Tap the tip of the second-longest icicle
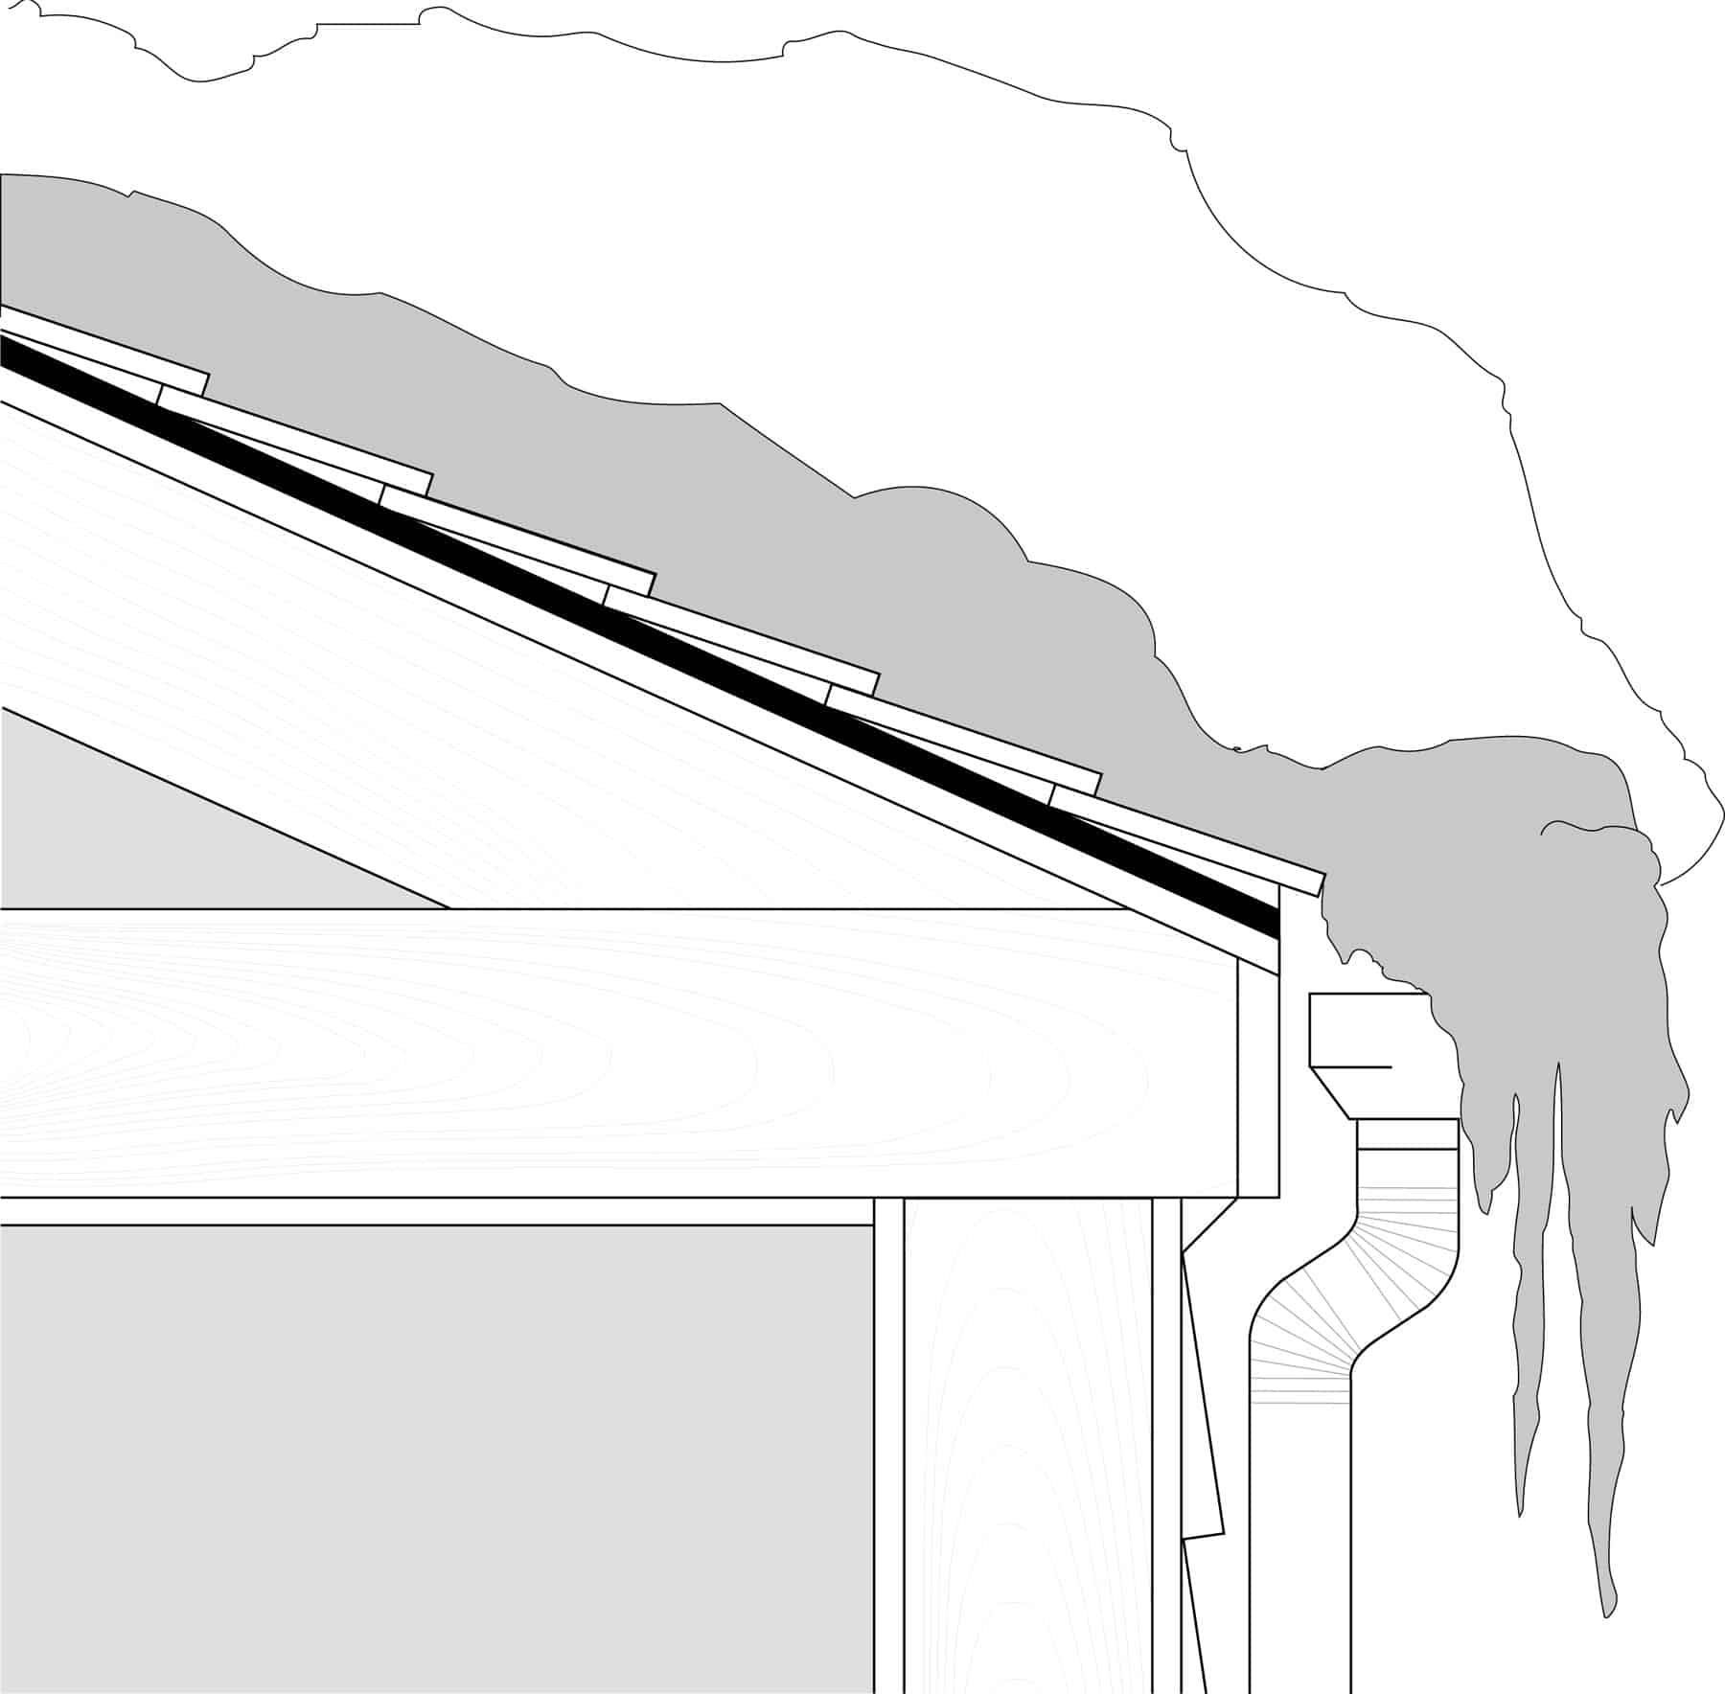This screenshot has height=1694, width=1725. [1520, 1543]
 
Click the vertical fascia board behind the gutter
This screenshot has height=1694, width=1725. [1258, 1083]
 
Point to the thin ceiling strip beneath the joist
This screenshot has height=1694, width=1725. [431, 1211]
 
